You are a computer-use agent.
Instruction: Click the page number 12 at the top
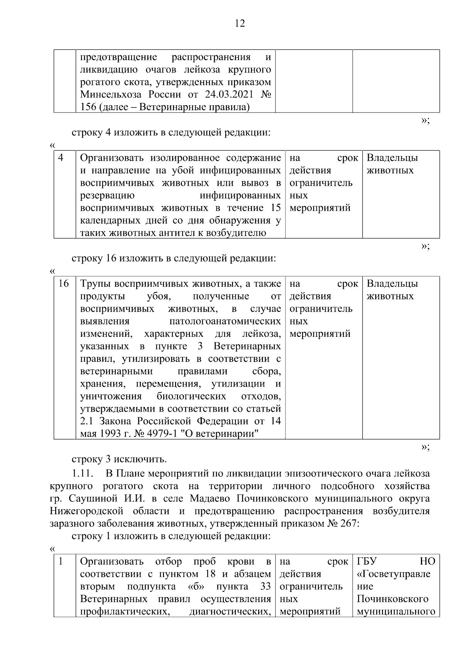240,24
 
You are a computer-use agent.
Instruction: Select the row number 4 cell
61,158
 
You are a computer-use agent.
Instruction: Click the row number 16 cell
63,284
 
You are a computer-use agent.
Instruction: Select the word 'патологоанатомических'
225,321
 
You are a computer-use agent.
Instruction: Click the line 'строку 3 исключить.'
119,459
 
